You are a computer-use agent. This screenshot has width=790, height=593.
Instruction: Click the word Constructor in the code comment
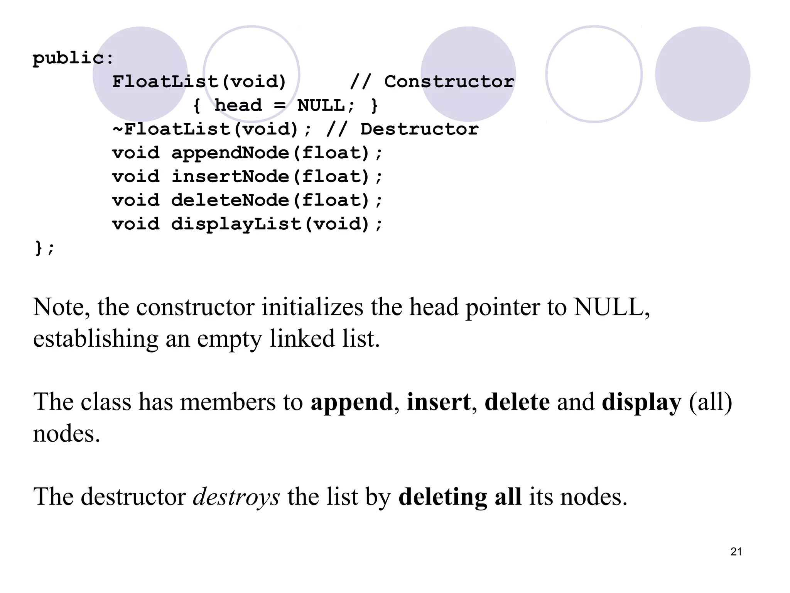coord(449,82)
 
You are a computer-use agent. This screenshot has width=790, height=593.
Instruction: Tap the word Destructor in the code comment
coord(419,129)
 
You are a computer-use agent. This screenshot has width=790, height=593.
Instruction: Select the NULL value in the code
coord(321,106)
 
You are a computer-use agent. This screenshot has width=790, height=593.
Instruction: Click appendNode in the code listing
coord(230,153)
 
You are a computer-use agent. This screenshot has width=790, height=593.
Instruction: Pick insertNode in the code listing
coord(230,177)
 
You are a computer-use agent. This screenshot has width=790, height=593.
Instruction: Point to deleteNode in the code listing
coord(230,201)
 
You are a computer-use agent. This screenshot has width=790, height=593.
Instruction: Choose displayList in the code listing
coord(236,224)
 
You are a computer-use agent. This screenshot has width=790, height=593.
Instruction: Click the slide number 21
coord(736,552)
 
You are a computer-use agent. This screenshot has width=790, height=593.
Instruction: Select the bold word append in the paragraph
coord(351,402)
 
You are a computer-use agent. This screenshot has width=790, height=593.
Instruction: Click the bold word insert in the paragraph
coord(439,402)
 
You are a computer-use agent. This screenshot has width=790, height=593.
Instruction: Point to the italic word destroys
coord(236,497)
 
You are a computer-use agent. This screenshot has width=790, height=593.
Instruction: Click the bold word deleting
coord(442,497)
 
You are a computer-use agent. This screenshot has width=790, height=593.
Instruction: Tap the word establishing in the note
coord(96,339)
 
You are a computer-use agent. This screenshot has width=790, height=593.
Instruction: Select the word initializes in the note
coord(312,307)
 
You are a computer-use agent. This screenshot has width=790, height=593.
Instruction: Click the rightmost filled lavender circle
coord(702,74)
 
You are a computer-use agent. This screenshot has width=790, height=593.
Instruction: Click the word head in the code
coord(238,106)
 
